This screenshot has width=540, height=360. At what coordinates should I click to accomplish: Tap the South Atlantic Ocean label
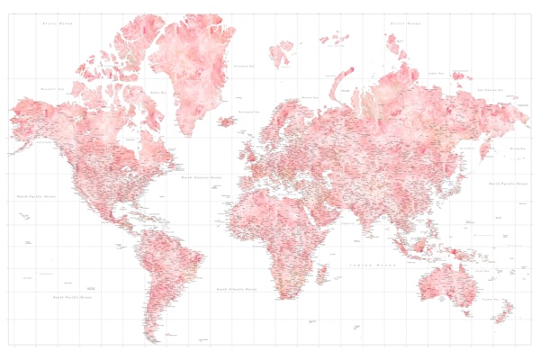point(236,289)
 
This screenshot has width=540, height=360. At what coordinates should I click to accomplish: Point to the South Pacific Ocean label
point(72,296)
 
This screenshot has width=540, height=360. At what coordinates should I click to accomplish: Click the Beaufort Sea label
point(50,88)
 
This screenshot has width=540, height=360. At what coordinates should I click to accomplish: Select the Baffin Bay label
point(158,91)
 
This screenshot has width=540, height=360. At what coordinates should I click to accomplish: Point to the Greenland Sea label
point(241,66)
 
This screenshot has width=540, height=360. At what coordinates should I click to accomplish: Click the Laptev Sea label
point(436,73)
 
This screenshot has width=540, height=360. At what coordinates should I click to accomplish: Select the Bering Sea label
point(517,147)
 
